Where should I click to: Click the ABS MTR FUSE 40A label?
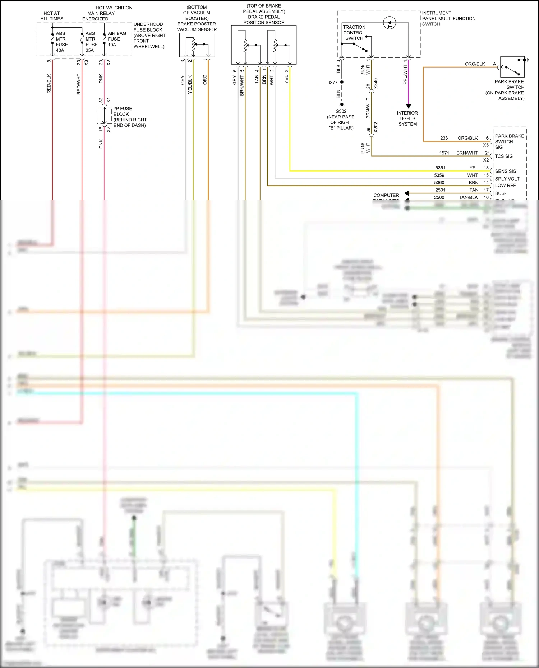coord(61,42)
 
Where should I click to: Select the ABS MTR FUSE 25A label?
coord(91,42)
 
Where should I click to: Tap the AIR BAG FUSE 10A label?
coord(117,39)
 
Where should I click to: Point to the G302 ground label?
coord(341,111)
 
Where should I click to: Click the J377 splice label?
coord(332,83)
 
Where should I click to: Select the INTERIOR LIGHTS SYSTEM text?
coord(407,118)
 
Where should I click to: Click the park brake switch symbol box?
coord(512,67)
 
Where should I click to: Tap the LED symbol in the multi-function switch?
coord(390,23)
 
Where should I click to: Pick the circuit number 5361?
coord(440,168)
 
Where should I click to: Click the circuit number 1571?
coord(444,153)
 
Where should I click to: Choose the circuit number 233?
coord(444,138)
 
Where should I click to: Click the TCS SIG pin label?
coord(504,156)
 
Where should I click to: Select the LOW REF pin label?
coord(505,186)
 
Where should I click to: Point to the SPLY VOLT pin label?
coord(507,179)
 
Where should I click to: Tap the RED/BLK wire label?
coord(49,84)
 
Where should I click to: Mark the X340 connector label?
coord(376,84)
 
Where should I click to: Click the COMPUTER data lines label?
coord(386,195)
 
